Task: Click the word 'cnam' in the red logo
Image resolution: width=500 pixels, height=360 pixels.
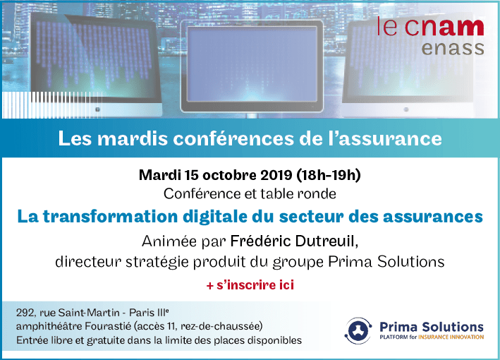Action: [444, 27]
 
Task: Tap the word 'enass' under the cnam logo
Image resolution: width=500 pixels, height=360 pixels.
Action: [453, 48]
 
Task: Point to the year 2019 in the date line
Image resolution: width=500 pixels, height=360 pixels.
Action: [276, 175]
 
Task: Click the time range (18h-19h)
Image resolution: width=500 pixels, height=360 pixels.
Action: [329, 175]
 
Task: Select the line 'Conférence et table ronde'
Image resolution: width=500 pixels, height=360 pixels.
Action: [250, 193]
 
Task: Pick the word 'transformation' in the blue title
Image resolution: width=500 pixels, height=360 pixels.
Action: [110, 217]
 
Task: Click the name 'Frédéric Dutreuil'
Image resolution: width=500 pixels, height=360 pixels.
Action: [293, 241]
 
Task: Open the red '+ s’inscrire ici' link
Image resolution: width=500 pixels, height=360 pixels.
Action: [250, 285]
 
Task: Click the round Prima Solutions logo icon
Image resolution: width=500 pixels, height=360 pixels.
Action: [359, 330]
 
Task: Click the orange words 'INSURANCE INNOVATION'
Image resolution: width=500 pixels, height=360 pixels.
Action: [451, 337]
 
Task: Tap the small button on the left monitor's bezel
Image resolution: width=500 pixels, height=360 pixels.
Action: [97, 109]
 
